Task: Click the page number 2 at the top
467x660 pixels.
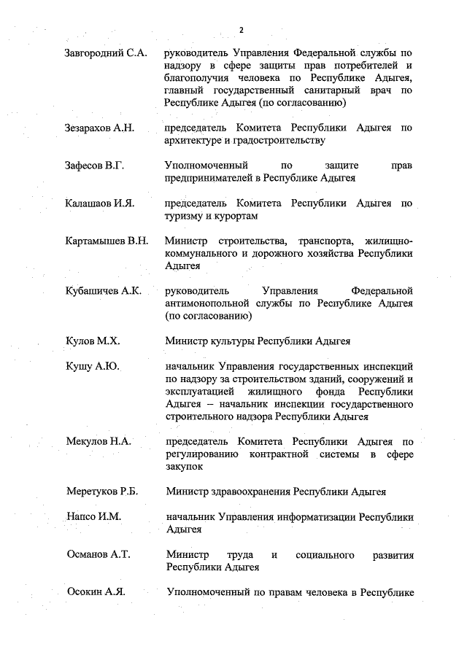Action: pyautogui.click(x=241, y=29)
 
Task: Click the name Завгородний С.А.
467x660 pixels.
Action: pyautogui.click(x=106, y=53)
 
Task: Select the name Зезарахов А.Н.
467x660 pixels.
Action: pyautogui.click(x=100, y=128)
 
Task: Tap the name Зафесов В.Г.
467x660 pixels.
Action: pyautogui.click(x=95, y=166)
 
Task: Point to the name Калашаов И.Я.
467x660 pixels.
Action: pyautogui.click(x=99, y=203)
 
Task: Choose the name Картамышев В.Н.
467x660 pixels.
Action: pyautogui.click(x=107, y=241)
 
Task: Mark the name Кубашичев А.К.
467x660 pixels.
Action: pyautogui.click(x=102, y=290)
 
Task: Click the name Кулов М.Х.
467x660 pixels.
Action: pyautogui.click(x=92, y=341)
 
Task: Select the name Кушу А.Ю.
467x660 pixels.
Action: pyautogui.click(x=92, y=366)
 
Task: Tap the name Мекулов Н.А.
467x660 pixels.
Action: pyautogui.click(x=98, y=441)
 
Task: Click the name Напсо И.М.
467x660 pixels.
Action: pyautogui.click(x=93, y=516)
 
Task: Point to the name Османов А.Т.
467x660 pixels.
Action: pyautogui.click(x=98, y=554)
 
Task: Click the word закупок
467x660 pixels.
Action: pyautogui.click(x=183, y=467)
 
